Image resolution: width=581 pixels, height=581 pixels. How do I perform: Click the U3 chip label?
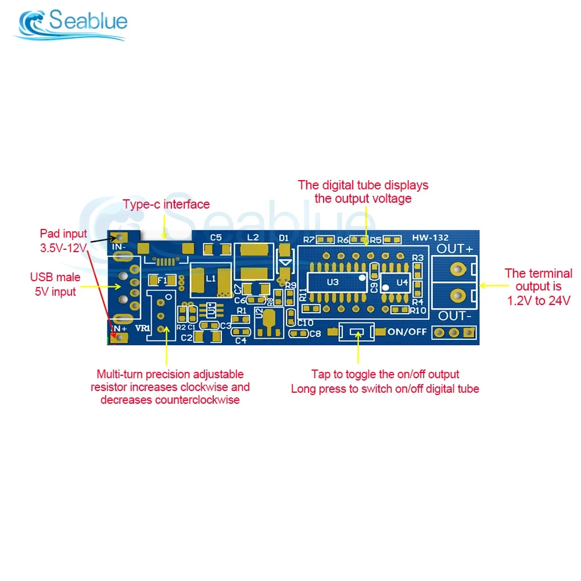tap(332, 282)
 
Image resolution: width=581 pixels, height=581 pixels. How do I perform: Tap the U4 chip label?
tap(402, 282)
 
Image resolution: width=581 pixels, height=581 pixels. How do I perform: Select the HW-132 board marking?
tap(431, 238)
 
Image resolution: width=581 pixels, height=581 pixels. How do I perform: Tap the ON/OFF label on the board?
tap(407, 332)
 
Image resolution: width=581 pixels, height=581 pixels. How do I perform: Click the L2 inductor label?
tap(253, 238)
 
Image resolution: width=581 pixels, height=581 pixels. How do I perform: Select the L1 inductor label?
tap(210, 278)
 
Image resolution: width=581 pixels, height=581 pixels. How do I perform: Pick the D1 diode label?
tap(284, 238)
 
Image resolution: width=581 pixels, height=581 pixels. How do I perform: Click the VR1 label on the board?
tap(142, 328)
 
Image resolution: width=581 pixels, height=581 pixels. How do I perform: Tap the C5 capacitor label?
tap(216, 237)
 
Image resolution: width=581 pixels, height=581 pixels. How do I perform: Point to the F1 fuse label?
tap(162, 280)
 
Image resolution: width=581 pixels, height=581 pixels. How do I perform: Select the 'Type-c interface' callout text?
tap(166, 205)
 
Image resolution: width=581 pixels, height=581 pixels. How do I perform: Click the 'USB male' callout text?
tap(55, 278)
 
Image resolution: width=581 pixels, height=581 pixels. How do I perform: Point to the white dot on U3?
tap(361, 278)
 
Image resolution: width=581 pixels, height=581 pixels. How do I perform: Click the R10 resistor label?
tap(418, 310)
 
